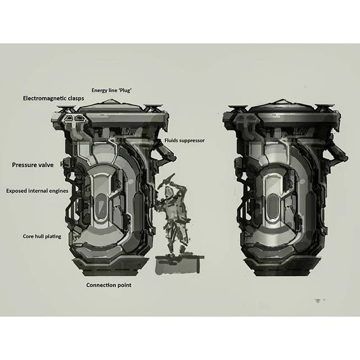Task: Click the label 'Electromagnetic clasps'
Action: [x=53, y=98]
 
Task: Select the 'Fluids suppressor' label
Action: [x=184, y=141]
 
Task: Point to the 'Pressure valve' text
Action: [x=33, y=165]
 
